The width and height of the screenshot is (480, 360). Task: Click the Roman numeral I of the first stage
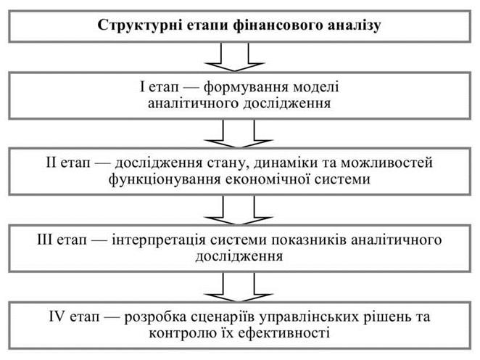[141, 86]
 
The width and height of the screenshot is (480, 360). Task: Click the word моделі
[316, 87]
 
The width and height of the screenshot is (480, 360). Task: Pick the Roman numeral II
[51, 162]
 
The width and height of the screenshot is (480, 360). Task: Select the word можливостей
[387, 163]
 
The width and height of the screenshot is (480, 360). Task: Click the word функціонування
[165, 179]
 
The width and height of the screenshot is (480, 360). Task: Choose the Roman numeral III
[45, 239]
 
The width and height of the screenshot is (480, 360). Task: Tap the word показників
[309, 240]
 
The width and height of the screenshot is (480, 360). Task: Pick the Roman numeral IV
[57, 316]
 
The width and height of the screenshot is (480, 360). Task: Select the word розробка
[155, 317]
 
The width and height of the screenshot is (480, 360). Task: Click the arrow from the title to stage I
[234, 57]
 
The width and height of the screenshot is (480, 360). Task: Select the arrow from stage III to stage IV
[238, 287]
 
